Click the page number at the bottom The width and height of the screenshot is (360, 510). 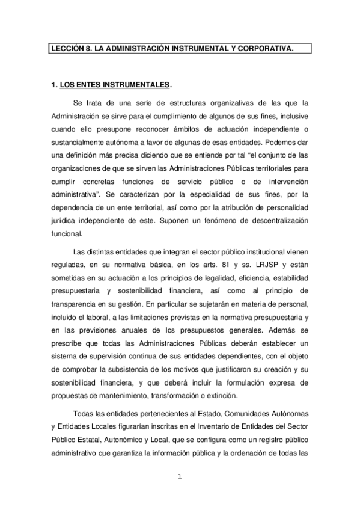[180, 478]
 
